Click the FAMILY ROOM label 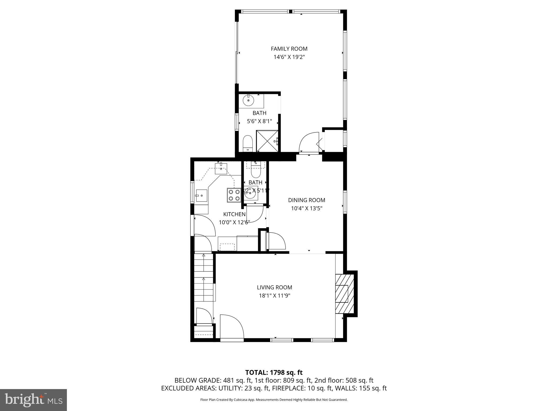tap(289, 49)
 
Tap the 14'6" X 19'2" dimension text tap(289, 57)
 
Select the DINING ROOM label tap(307, 200)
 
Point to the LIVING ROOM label tap(275, 287)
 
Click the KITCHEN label tap(234, 214)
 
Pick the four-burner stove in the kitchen tap(234, 195)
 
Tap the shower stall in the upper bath tap(267, 141)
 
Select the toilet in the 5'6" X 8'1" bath tap(248, 143)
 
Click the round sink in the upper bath tap(248, 101)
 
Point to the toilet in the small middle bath tap(256, 170)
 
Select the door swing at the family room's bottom tap(309, 142)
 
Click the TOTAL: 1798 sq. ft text tap(274, 372)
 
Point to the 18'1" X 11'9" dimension tap(275, 296)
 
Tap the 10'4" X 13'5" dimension tap(307, 208)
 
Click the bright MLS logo tap(33, 400)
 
